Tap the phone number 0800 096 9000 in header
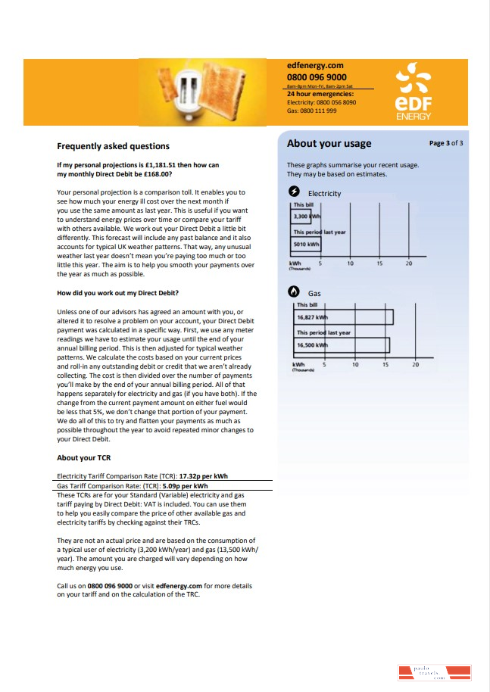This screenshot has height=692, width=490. (x=317, y=77)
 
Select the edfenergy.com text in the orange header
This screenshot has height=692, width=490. (x=315, y=67)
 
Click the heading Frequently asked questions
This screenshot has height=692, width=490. (x=113, y=146)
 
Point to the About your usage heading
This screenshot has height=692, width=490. (x=329, y=144)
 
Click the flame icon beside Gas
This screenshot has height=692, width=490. (x=295, y=292)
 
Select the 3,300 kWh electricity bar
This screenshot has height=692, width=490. (x=306, y=217)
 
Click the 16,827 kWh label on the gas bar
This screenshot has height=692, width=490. (x=312, y=317)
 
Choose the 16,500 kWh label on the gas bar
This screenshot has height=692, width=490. (x=312, y=345)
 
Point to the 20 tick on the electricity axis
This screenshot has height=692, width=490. (x=409, y=263)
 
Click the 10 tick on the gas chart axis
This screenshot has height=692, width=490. (x=355, y=365)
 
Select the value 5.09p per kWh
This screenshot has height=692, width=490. (x=185, y=486)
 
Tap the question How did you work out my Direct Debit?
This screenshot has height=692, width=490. (x=117, y=293)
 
